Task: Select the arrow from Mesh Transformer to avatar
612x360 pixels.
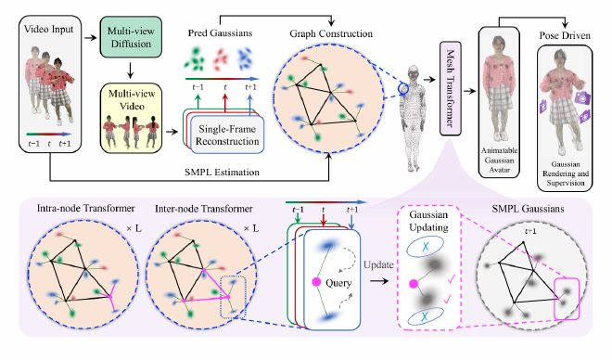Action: (x=469, y=91)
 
